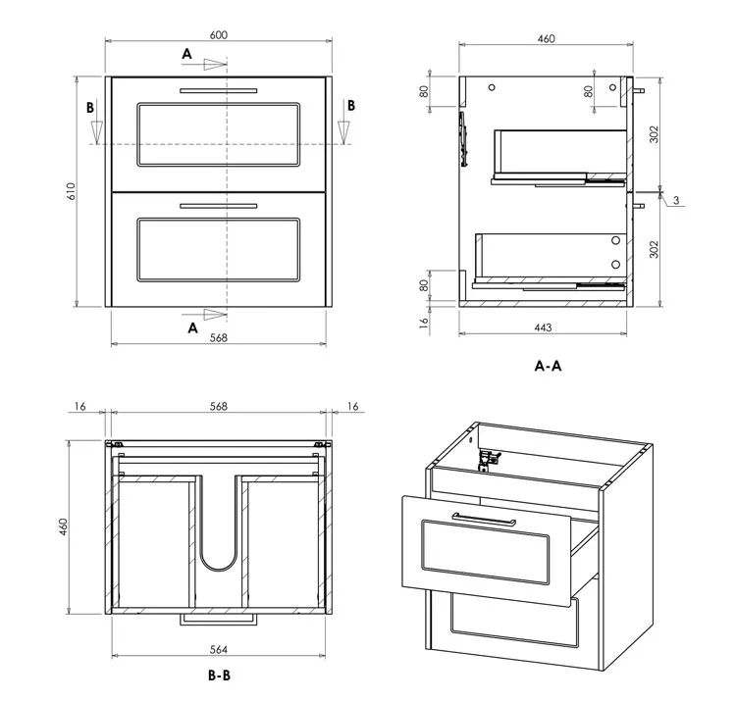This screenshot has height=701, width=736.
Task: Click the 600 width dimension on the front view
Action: coord(218,34)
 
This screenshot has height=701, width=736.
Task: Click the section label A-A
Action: coord(548,366)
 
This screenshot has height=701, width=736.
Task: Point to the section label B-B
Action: coord(220,676)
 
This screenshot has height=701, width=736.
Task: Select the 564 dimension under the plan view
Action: coord(219,648)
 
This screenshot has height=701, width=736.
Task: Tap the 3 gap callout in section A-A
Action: coord(676,200)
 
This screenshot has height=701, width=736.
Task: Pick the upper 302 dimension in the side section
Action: coord(654,134)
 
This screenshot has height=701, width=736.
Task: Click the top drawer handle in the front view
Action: coord(218,90)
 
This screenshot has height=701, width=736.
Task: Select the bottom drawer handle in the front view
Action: coord(218,205)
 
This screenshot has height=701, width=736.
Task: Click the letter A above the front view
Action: coord(186,55)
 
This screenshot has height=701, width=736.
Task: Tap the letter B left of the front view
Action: coord(89,107)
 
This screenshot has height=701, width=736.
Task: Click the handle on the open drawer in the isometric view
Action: coord(484,519)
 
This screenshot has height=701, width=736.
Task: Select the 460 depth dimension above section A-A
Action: coord(547,39)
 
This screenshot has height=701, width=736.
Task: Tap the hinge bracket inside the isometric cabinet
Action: coord(488,457)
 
